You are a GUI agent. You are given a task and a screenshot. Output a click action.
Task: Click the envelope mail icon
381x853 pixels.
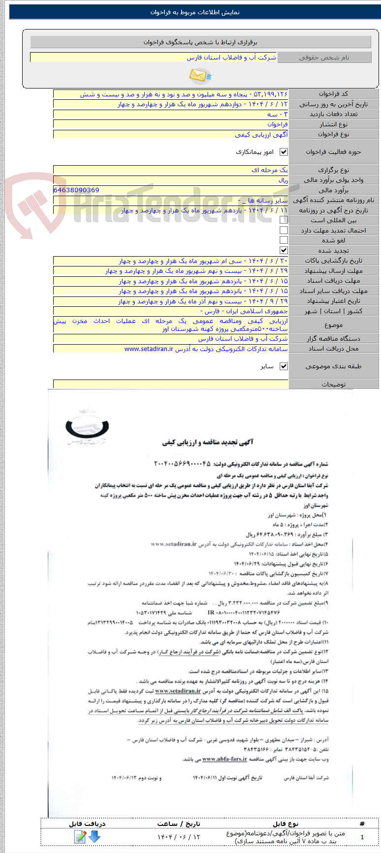click(200, 75)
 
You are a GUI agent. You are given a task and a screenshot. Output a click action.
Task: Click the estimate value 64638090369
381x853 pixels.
click(76, 190)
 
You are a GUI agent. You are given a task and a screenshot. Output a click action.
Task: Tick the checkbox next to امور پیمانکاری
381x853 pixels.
click(284, 152)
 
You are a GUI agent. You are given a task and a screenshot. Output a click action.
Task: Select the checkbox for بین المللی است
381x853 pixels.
click(284, 220)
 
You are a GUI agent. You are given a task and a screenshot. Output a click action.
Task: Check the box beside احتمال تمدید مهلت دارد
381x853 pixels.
click(284, 230)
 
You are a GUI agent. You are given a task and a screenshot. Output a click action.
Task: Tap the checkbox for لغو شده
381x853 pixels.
click(284, 240)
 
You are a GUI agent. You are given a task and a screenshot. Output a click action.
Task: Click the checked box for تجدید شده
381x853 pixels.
click(284, 250)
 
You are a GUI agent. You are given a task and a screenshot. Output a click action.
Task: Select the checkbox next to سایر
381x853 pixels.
click(284, 366)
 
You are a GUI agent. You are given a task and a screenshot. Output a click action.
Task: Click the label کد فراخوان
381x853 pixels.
click(333, 94)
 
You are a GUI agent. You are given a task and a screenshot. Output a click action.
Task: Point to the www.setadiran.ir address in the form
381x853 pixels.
click(149, 349)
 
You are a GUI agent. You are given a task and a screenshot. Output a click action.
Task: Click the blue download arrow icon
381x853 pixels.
click(95, 836)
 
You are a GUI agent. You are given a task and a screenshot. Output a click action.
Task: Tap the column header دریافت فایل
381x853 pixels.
click(87, 824)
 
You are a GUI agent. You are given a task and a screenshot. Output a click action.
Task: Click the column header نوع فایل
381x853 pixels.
click(286, 824)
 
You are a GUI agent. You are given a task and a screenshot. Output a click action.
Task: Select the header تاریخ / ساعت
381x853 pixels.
click(179, 824)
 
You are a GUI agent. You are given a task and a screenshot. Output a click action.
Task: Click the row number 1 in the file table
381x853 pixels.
click(362, 837)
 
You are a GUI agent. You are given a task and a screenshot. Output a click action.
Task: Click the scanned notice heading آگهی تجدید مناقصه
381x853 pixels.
click(208, 442)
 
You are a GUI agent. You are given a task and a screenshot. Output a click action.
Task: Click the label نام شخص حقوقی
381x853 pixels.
click(324, 58)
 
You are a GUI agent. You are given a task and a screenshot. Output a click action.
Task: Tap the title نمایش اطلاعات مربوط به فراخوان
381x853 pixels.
click(195, 12)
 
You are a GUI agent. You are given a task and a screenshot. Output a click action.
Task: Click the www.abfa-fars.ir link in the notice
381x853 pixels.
click(224, 759)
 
